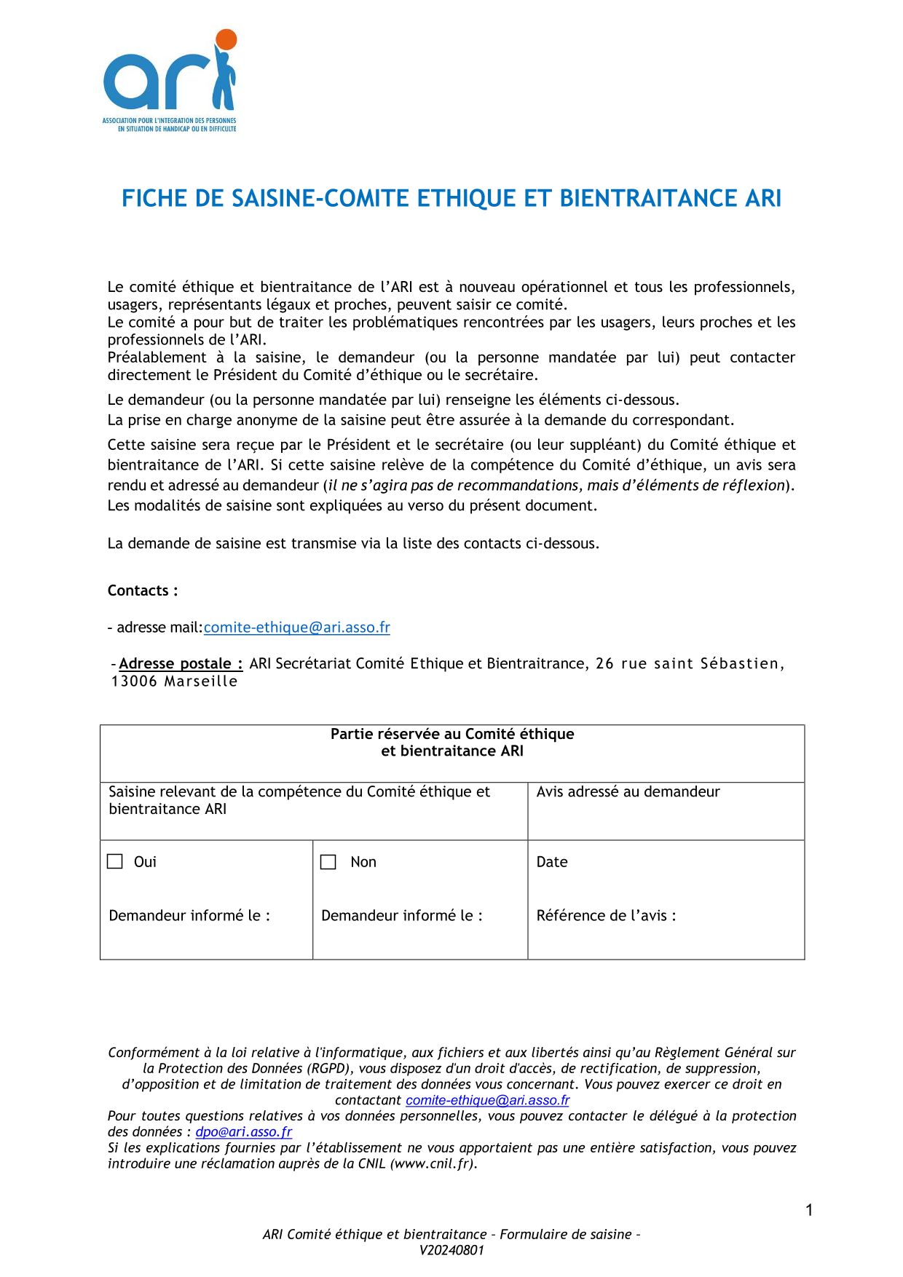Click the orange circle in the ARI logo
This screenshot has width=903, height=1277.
click(226, 39)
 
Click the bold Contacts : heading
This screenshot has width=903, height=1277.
click(143, 590)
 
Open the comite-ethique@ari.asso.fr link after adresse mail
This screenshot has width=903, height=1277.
click(296, 628)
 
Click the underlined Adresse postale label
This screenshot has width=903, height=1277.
click(181, 663)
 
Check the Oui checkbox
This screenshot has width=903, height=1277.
click(115, 861)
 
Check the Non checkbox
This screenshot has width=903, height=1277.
click(328, 862)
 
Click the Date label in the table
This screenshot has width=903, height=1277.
click(551, 862)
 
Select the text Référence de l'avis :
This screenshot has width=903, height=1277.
click(606, 916)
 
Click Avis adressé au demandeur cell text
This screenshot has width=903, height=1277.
click(628, 792)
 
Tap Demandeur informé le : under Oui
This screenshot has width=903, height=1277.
click(189, 916)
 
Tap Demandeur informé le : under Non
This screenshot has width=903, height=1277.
click(401, 916)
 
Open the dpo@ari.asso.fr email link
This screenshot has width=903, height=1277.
click(243, 1132)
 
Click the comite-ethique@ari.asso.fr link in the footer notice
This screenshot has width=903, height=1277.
click(487, 1101)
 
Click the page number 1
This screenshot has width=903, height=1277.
click(809, 1210)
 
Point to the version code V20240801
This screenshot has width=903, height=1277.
click(451, 1251)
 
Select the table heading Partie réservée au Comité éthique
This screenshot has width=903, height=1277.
click(451, 734)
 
